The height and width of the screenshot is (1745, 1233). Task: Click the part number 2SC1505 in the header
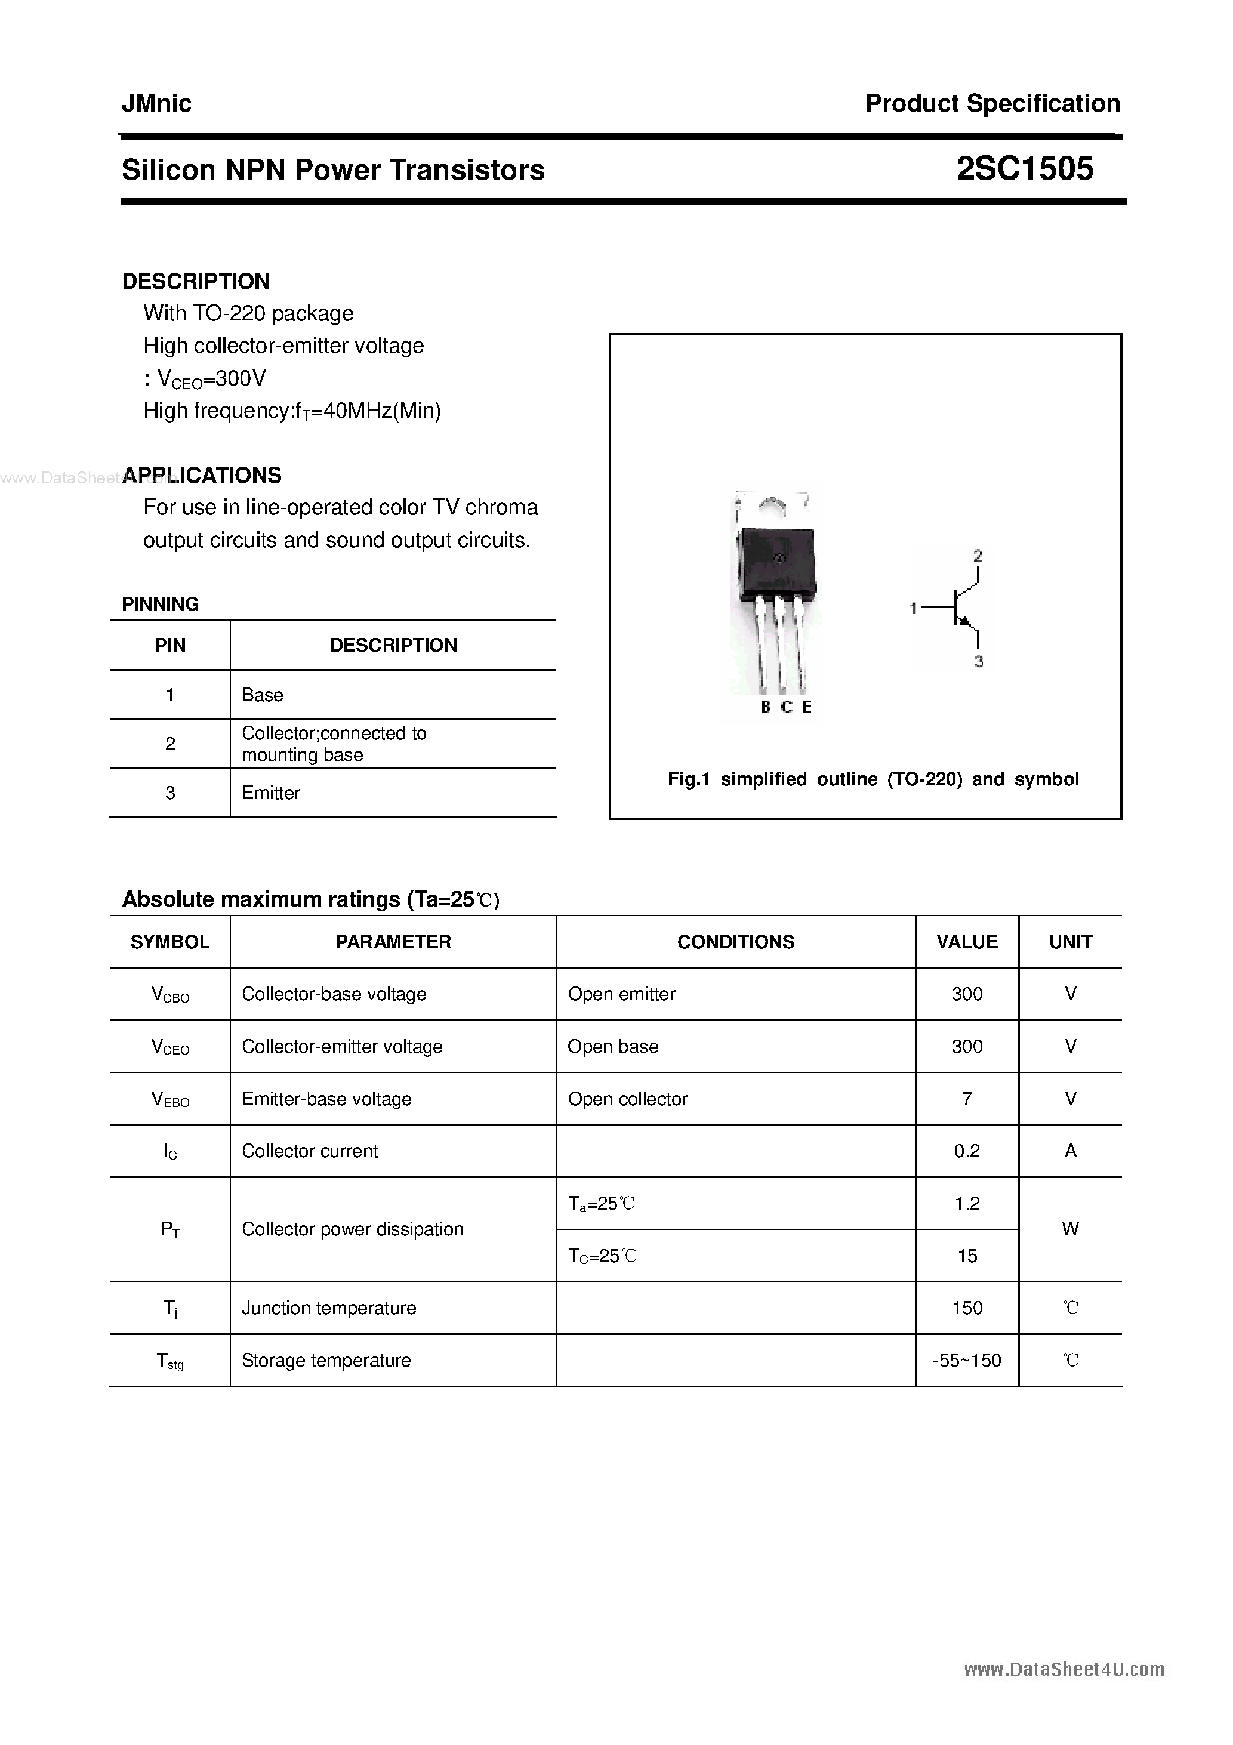[1024, 169]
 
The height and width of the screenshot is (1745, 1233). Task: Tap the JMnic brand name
[156, 103]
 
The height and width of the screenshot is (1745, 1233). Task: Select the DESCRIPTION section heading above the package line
[195, 281]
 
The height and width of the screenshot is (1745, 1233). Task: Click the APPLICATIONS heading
[202, 475]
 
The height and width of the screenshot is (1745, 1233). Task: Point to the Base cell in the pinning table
[262, 695]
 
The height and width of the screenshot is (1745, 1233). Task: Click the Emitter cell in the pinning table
[270, 793]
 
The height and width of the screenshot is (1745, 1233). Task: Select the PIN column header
[169, 645]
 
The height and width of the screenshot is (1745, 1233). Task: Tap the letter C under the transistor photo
[787, 707]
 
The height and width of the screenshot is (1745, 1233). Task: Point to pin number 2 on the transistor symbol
[978, 556]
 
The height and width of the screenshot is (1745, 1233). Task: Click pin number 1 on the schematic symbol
[914, 608]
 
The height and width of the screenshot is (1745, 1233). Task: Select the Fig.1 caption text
[873, 779]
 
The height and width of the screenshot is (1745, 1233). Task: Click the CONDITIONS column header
[735, 942]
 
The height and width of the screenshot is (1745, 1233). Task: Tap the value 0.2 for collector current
[966, 1151]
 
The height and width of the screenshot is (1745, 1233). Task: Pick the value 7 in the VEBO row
[966, 1099]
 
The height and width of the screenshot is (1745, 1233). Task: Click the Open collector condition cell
[627, 1099]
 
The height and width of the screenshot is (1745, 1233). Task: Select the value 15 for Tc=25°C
[966, 1256]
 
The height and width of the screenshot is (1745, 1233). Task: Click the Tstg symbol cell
[169, 1361]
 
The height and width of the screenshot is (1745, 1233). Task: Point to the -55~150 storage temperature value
[966, 1361]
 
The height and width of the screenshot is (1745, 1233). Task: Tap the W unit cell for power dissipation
[1069, 1229]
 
